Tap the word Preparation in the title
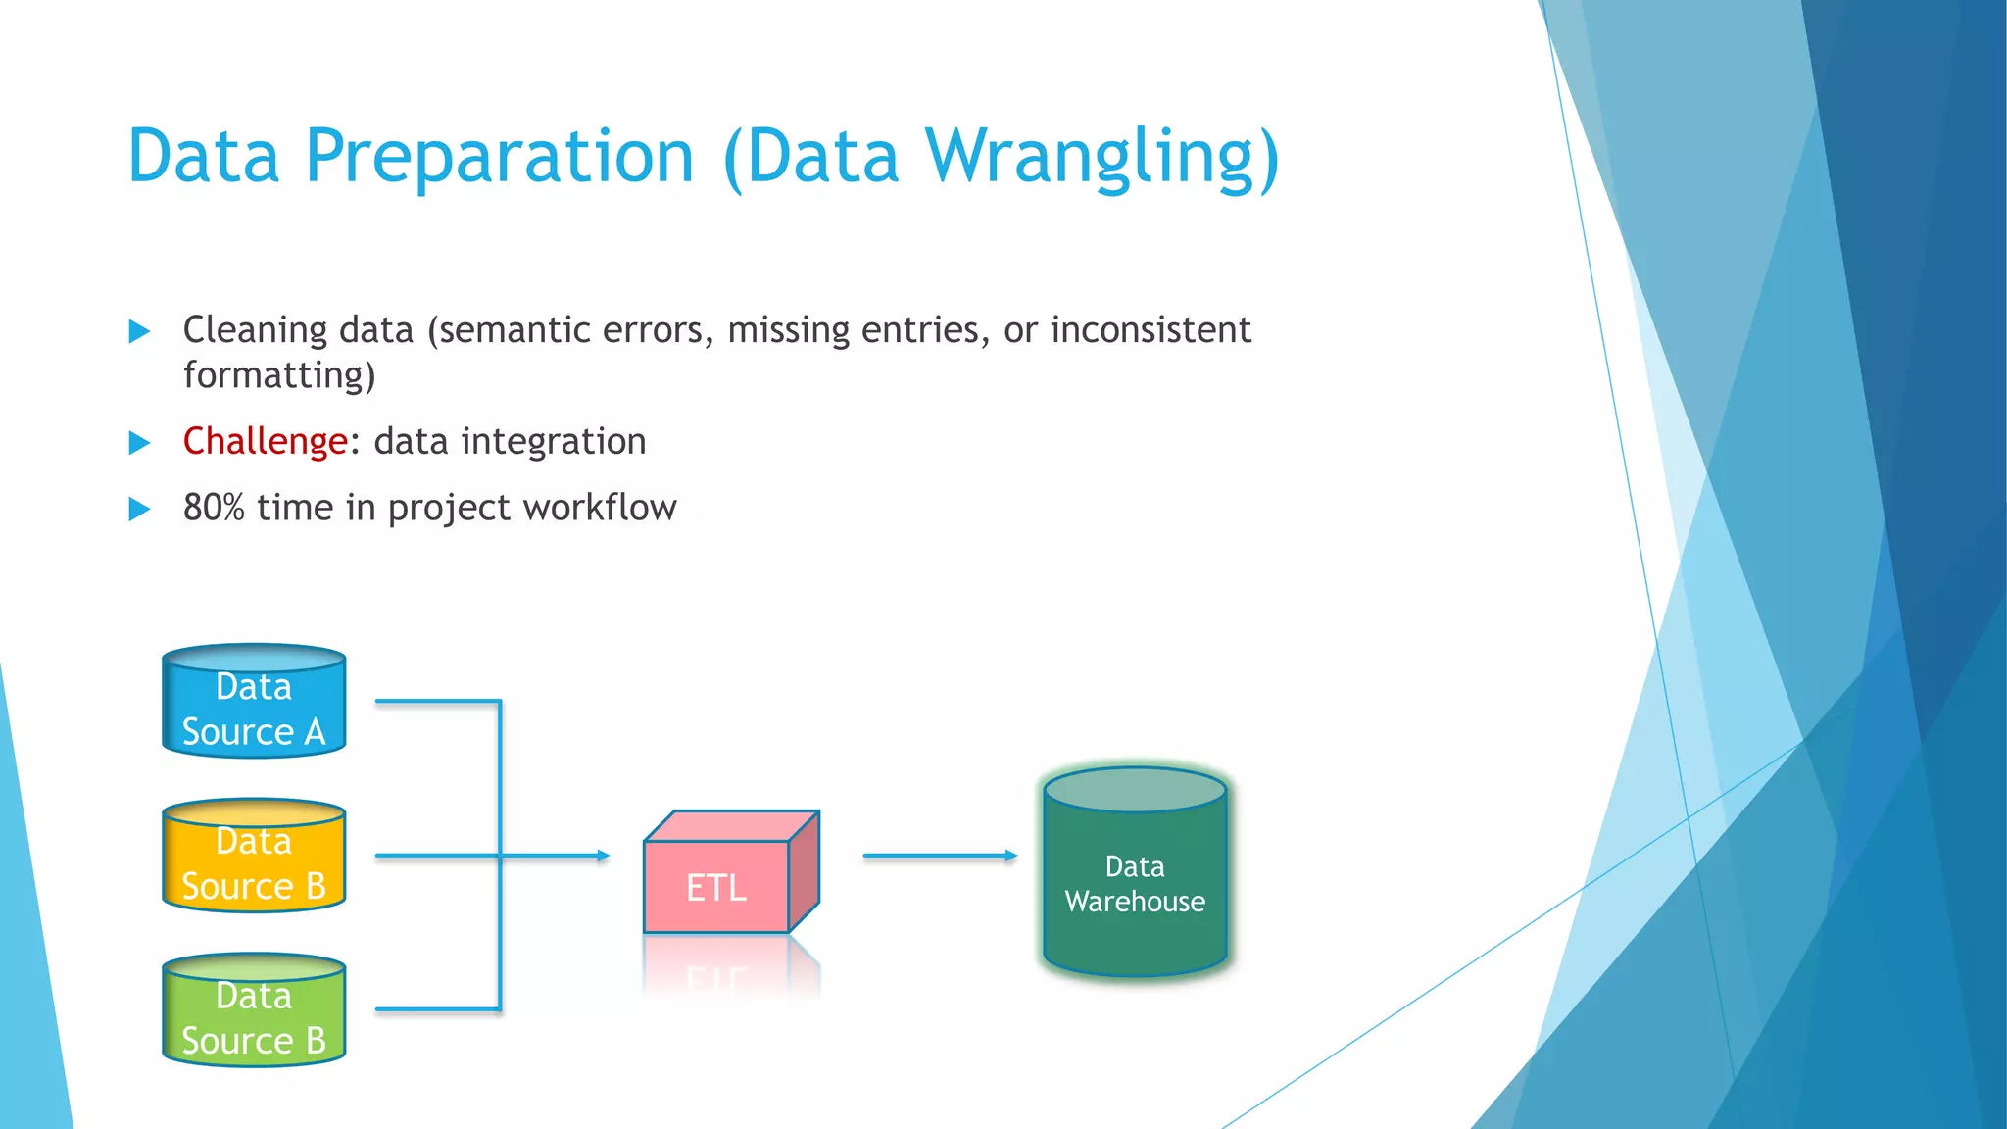500,157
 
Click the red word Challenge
265,441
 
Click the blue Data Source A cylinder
254,702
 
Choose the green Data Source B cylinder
254,1010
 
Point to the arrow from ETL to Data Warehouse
939,856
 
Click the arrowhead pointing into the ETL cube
602,856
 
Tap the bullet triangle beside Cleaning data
140,331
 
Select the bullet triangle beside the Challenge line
140,443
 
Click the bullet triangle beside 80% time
140,509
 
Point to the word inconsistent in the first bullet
1150,330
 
